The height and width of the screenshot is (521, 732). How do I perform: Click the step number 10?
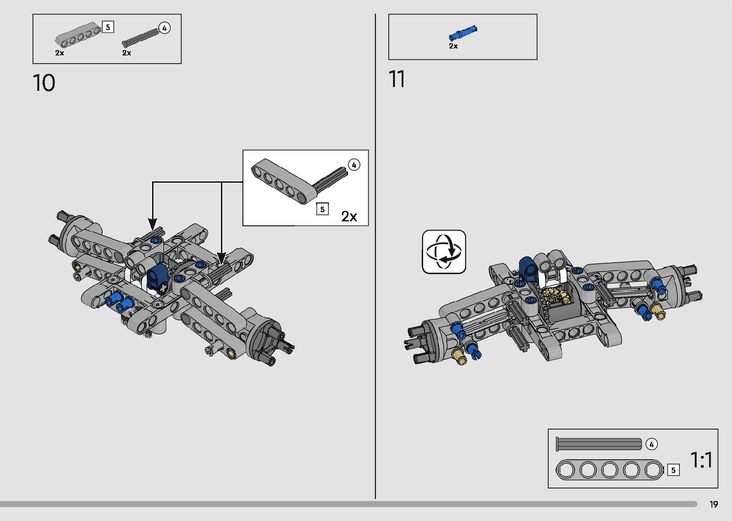tap(44, 83)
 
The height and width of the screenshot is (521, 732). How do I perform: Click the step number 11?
tap(397, 79)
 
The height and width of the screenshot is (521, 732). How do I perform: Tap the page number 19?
tap(713, 504)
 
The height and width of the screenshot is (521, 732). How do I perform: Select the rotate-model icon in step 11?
tap(444, 252)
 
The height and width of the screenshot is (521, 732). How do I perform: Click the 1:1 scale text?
tap(701, 460)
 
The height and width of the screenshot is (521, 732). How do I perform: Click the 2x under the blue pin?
tap(453, 46)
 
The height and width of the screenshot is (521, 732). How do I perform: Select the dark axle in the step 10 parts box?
tap(140, 37)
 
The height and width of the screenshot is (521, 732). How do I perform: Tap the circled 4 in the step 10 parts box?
tap(164, 28)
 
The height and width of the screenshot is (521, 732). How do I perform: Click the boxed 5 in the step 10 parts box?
tap(108, 27)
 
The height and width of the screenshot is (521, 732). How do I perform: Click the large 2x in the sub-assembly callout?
tap(349, 217)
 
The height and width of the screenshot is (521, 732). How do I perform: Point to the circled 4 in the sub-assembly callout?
tap(354, 165)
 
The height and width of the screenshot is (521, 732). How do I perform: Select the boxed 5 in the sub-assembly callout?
tap(323, 209)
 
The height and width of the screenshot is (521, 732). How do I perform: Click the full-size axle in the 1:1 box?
tap(599, 444)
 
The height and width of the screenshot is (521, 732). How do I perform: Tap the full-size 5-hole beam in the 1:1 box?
tap(610, 470)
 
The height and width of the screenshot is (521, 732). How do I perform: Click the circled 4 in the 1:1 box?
tap(651, 444)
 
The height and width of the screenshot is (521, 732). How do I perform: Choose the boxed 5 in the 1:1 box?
tap(673, 470)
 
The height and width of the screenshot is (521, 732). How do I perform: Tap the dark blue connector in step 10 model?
tap(156, 277)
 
